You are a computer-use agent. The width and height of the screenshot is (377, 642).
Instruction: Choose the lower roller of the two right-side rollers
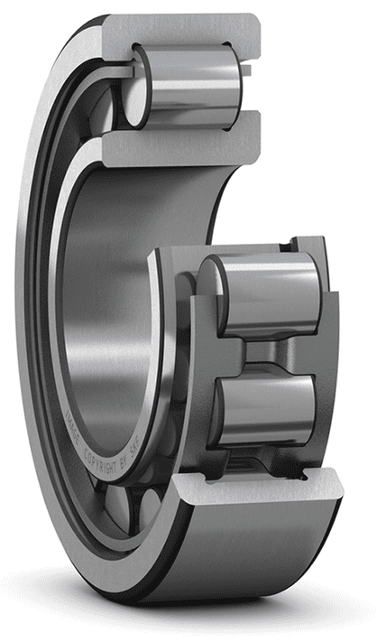(x=267, y=406)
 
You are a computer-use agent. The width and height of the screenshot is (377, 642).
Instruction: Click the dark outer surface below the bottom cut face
(x=253, y=551)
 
